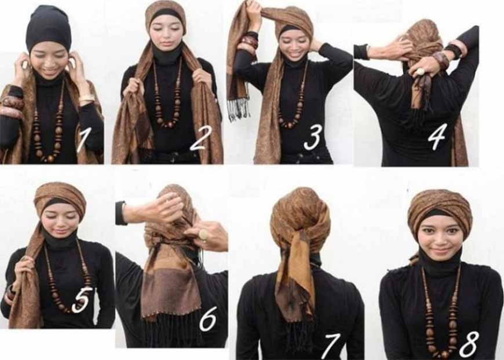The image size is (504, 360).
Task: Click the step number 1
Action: click(82, 139)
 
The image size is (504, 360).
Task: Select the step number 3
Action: click(312, 137)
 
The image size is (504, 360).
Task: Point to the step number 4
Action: click(436, 137)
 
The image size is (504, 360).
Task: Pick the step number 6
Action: click(207, 318)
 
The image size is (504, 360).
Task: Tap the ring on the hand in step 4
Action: click(421, 71)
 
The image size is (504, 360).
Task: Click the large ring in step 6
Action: click(204, 235)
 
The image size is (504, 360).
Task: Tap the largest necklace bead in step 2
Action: click(167, 124)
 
